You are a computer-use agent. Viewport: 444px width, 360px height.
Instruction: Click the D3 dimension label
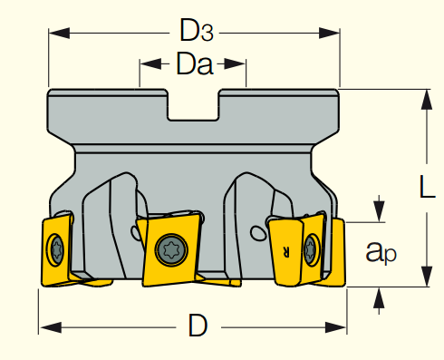click(197, 30)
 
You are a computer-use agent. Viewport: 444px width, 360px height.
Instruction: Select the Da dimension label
click(195, 63)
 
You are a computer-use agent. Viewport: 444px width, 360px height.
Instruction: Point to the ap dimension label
click(381, 252)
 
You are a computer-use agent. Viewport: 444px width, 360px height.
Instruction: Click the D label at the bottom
click(198, 326)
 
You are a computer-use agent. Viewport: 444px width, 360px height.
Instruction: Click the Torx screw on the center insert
click(171, 250)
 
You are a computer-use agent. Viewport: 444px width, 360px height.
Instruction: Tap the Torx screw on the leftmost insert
click(56, 249)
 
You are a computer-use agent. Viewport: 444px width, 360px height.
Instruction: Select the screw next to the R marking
click(311, 249)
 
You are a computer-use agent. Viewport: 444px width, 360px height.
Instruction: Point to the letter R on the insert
click(286, 251)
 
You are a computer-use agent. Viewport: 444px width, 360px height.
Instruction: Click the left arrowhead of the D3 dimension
click(59, 33)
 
